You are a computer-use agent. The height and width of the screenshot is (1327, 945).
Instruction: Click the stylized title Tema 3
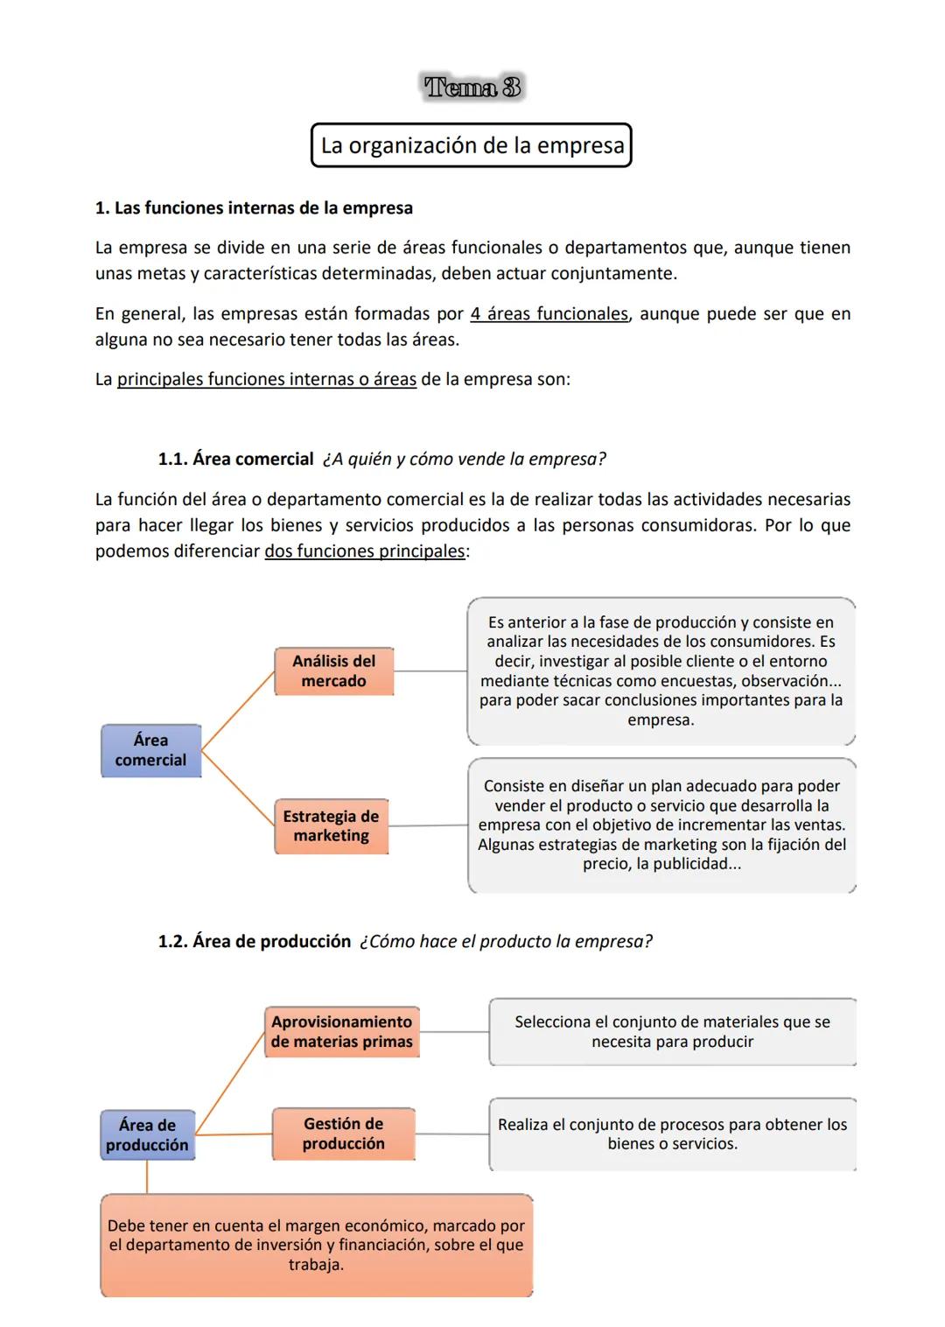472,88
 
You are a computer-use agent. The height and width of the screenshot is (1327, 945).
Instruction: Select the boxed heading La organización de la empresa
472,145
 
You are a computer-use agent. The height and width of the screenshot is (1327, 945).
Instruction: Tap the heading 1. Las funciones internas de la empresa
254,208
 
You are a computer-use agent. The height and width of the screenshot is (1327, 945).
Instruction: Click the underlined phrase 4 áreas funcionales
549,313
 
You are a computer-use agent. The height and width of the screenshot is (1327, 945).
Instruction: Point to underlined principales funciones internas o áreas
267,379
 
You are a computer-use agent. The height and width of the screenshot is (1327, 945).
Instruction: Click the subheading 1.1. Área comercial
235,459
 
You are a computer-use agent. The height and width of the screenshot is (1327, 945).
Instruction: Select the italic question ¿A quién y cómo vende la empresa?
464,459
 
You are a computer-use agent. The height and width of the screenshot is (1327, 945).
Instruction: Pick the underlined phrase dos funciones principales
365,551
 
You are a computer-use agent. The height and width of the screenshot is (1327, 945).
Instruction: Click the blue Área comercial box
150,750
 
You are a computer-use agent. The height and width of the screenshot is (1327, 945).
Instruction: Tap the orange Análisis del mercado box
333,671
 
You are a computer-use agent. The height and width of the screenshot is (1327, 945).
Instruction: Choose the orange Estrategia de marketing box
331,825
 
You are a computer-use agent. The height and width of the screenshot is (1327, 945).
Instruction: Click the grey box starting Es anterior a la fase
661,671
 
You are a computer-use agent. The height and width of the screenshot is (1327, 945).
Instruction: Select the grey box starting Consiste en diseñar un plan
661,825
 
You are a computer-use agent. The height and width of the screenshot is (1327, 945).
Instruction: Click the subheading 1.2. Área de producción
254,941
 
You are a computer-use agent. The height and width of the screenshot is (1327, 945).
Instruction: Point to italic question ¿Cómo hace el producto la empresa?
506,941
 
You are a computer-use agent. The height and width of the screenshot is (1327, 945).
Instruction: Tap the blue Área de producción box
147,1134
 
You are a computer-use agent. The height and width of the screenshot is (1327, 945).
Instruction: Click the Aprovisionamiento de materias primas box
341,1032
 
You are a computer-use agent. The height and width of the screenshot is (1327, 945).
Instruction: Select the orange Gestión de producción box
343,1134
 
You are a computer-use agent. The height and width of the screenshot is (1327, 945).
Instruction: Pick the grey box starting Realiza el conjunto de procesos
672,1134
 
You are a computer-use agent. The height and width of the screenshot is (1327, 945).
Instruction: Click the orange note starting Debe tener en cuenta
316,1245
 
